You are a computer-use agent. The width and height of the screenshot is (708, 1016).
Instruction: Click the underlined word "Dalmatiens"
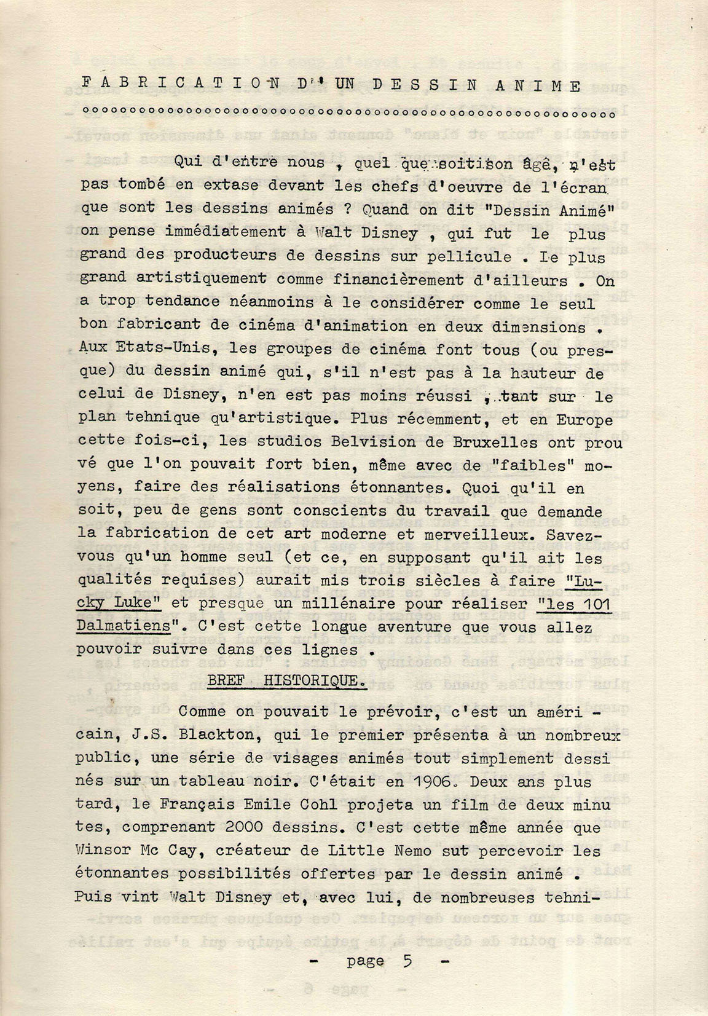pyautogui.click(x=123, y=625)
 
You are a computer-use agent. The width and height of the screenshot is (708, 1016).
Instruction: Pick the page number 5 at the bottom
pyautogui.click(x=407, y=961)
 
